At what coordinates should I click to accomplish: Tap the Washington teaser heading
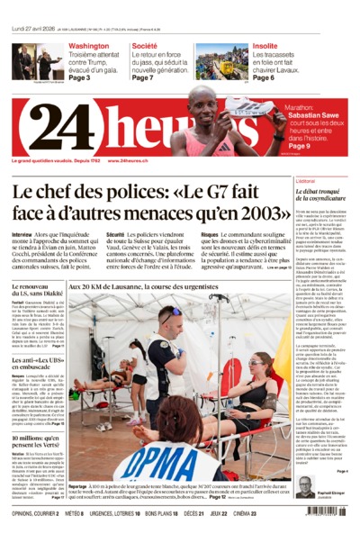89,45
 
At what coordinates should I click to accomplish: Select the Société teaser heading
144,45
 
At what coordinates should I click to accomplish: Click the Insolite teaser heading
265,45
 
